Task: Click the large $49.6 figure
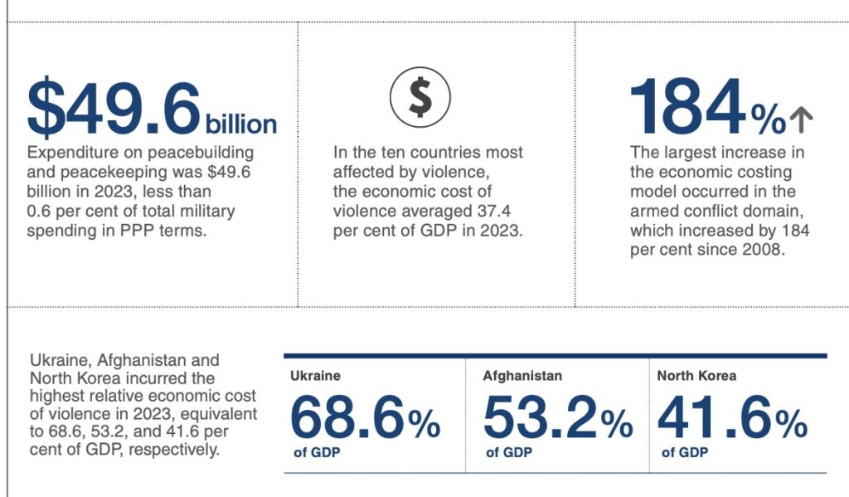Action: pyautogui.click(x=114, y=107)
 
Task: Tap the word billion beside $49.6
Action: pyautogui.click(x=240, y=124)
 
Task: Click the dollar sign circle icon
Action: pyautogui.click(x=420, y=98)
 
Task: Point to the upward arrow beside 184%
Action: pyautogui.click(x=801, y=121)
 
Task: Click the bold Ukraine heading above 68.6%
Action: pyautogui.click(x=315, y=376)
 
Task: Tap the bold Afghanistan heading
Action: pyautogui.click(x=522, y=376)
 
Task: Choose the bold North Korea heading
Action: pyautogui.click(x=696, y=376)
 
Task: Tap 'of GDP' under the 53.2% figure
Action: pyautogui.click(x=509, y=453)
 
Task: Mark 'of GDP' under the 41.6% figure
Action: pyautogui.click(x=685, y=453)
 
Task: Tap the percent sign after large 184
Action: pyautogui.click(x=768, y=121)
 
